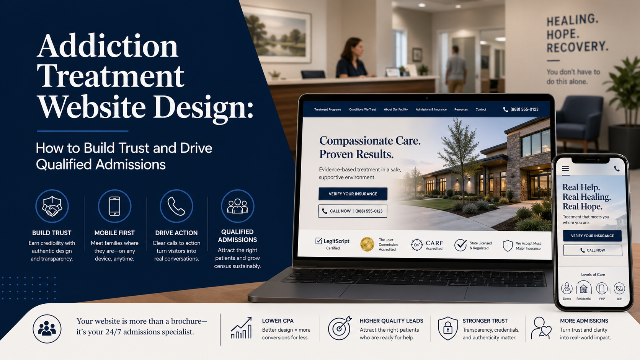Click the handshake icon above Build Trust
[x=52, y=206]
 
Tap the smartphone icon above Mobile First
[x=114, y=206]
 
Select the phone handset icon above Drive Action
[x=176, y=206]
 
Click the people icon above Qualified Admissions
[x=237, y=206]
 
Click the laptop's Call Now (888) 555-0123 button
[x=353, y=211]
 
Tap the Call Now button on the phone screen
[x=592, y=250]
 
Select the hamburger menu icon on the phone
[x=565, y=169]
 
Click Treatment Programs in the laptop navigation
[x=328, y=109]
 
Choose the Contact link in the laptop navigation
[x=481, y=109]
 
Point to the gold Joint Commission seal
[x=367, y=244]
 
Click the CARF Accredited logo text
[x=434, y=244]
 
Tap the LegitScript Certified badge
[x=332, y=244]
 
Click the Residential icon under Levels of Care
[x=584, y=289]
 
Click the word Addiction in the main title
[x=108, y=46]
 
